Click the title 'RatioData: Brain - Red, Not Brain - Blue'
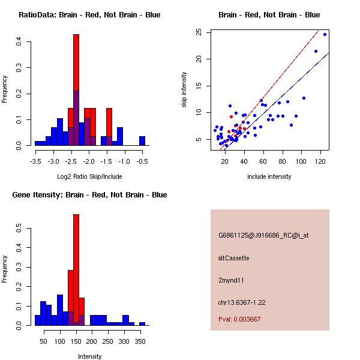(x=89, y=15)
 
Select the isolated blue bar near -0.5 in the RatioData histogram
(x=142, y=141)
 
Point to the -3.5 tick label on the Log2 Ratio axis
(x=35, y=161)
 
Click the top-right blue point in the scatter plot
(x=325, y=34)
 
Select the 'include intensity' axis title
(x=269, y=176)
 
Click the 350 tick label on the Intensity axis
(x=139, y=341)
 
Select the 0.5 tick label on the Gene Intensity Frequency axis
(x=20, y=229)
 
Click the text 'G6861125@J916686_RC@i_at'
(x=263, y=235)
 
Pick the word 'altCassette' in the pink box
(x=233, y=258)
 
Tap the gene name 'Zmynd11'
(x=231, y=280)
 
